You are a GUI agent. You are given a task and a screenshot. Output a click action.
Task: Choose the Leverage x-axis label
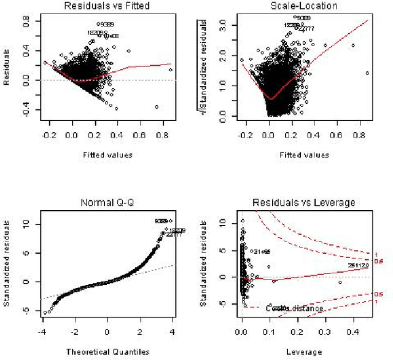point(305,352)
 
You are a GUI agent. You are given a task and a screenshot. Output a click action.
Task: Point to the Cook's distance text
point(287,307)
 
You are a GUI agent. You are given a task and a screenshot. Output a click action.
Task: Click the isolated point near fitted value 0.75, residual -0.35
point(157,107)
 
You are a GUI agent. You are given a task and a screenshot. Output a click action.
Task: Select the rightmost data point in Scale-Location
point(367,73)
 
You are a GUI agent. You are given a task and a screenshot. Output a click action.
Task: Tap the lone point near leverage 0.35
point(340,282)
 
